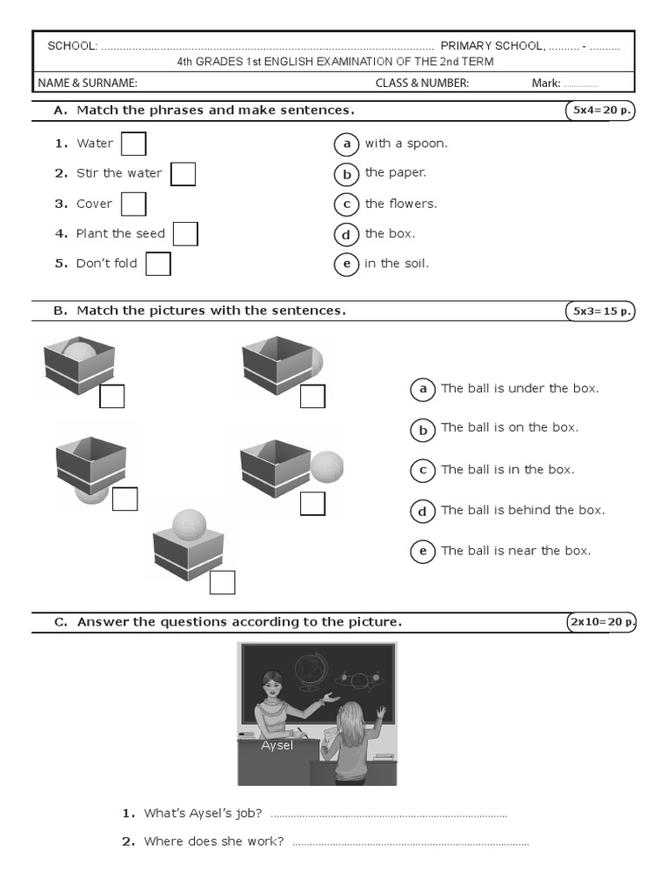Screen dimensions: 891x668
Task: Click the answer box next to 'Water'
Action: [x=133, y=144]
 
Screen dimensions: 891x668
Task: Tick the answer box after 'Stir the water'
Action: [x=183, y=174]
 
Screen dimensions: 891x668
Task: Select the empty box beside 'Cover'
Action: [x=133, y=204]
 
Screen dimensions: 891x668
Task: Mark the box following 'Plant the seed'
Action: [x=185, y=234]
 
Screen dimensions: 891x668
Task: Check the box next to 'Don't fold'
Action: [x=157, y=264]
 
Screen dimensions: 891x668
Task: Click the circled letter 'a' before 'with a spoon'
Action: [x=346, y=144]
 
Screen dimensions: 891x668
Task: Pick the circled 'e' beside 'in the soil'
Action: [x=346, y=265]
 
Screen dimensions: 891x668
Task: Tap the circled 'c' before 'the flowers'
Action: [x=346, y=204]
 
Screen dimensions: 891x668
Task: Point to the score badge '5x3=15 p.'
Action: [x=600, y=311]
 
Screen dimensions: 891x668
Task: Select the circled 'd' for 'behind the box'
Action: [x=423, y=512]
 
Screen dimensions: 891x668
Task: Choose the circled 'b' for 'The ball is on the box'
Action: [x=423, y=429]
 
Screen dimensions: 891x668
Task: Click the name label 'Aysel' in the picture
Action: [x=277, y=745]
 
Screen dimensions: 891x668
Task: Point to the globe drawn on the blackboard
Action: [x=309, y=671]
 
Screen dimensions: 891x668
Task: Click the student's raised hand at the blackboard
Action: [x=380, y=713]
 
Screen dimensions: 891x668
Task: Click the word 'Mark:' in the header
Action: [x=546, y=84]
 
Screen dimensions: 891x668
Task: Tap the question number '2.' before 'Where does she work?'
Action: [x=128, y=841]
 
